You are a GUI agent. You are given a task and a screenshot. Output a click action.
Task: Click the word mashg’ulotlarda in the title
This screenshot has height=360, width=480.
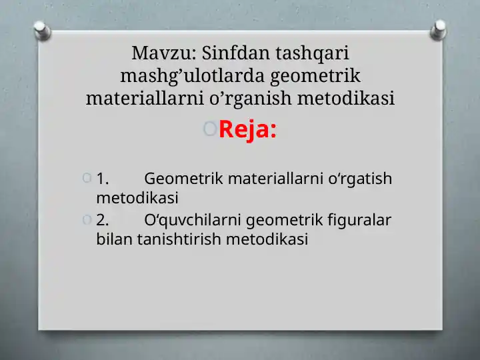[x=192, y=77]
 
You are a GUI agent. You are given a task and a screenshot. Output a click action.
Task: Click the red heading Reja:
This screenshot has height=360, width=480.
[x=247, y=130]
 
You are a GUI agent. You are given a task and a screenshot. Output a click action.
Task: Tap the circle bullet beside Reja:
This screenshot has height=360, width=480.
[x=210, y=129]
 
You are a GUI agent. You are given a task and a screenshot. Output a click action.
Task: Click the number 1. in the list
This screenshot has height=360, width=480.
[x=103, y=179]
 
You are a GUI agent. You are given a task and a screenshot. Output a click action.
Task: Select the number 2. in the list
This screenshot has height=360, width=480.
[x=103, y=220]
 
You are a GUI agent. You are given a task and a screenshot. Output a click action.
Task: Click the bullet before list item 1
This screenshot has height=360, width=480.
[x=87, y=178]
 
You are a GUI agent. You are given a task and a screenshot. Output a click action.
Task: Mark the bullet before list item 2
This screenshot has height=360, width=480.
[x=87, y=219]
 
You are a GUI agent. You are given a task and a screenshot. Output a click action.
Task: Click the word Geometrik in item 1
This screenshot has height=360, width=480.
[x=184, y=179]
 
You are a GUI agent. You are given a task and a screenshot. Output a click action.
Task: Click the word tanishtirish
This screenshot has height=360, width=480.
[x=179, y=239]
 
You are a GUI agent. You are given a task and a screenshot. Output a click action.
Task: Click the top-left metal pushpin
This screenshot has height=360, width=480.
[x=42, y=31]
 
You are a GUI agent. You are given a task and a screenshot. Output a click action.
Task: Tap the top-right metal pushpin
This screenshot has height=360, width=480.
[x=439, y=30]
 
